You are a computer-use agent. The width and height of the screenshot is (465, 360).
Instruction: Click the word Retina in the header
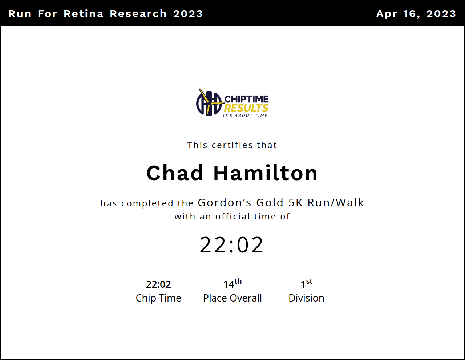tap(84, 14)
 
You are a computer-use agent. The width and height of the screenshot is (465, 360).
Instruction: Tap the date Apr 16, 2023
tap(416, 14)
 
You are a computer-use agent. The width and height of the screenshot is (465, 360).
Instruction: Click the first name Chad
tap(175, 173)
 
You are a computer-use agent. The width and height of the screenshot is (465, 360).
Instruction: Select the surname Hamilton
tap(265, 173)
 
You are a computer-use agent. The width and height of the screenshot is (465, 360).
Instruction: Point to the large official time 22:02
tap(232, 245)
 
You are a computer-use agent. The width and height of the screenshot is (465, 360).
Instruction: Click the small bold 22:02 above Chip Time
tap(158, 284)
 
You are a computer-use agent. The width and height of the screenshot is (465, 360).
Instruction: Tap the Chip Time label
tap(158, 298)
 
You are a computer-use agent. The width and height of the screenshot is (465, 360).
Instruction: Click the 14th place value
tap(232, 284)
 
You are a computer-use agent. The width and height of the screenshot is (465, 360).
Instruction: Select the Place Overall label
tap(232, 298)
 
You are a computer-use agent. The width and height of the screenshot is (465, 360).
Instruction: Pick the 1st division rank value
tap(307, 284)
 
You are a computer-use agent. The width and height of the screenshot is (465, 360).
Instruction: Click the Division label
tap(307, 298)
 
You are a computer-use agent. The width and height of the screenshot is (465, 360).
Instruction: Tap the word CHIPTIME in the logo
tap(246, 99)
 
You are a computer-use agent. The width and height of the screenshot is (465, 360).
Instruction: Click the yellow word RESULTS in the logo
tap(246, 108)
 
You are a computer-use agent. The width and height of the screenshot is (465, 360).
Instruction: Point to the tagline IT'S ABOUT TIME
tap(245, 116)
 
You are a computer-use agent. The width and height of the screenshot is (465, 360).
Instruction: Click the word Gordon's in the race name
tap(225, 203)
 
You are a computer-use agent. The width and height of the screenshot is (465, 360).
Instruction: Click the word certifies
tap(232, 145)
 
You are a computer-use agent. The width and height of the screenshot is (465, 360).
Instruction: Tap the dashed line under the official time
tap(232, 266)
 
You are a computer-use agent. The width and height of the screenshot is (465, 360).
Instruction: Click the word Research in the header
tap(138, 14)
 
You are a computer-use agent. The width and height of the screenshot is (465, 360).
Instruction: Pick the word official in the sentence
tap(233, 216)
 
